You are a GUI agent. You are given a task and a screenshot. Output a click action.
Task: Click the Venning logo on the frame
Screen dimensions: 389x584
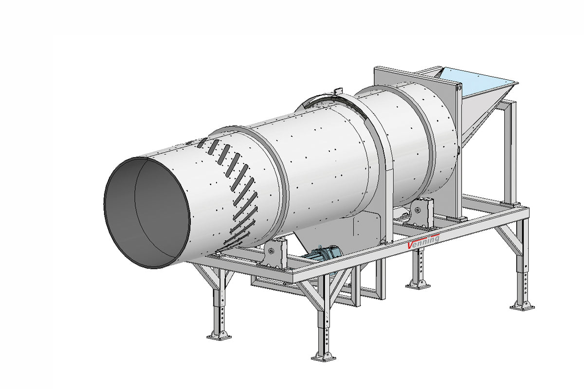[x=423, y=240]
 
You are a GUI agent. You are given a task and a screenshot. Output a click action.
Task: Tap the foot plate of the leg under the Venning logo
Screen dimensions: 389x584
[x=418, y=284]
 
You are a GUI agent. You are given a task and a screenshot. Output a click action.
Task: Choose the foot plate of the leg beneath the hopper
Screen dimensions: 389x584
[x=522, y=305]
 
